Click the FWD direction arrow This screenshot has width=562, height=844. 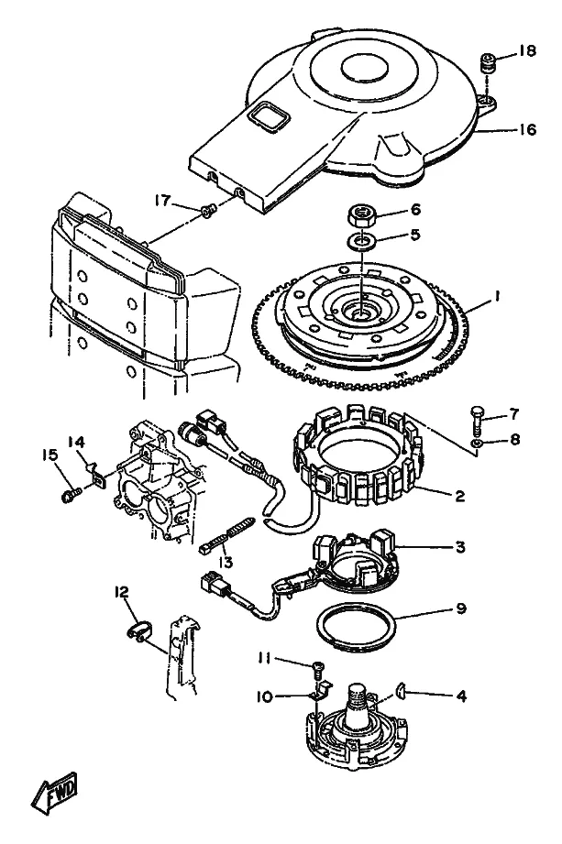coord(54,794)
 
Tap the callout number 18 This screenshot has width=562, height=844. coord(527,50)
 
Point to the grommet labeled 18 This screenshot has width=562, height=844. coord(488,66)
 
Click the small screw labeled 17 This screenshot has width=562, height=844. coord(208,211)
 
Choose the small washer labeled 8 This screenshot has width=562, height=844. coord(477,443)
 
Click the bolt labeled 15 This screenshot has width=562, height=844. coord(70,495)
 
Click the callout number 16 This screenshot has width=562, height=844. coord(527,129)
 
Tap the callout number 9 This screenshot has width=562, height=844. coord(461,608)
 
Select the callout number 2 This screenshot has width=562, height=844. coord(459,495)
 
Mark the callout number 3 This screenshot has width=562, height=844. coord(459,547)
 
